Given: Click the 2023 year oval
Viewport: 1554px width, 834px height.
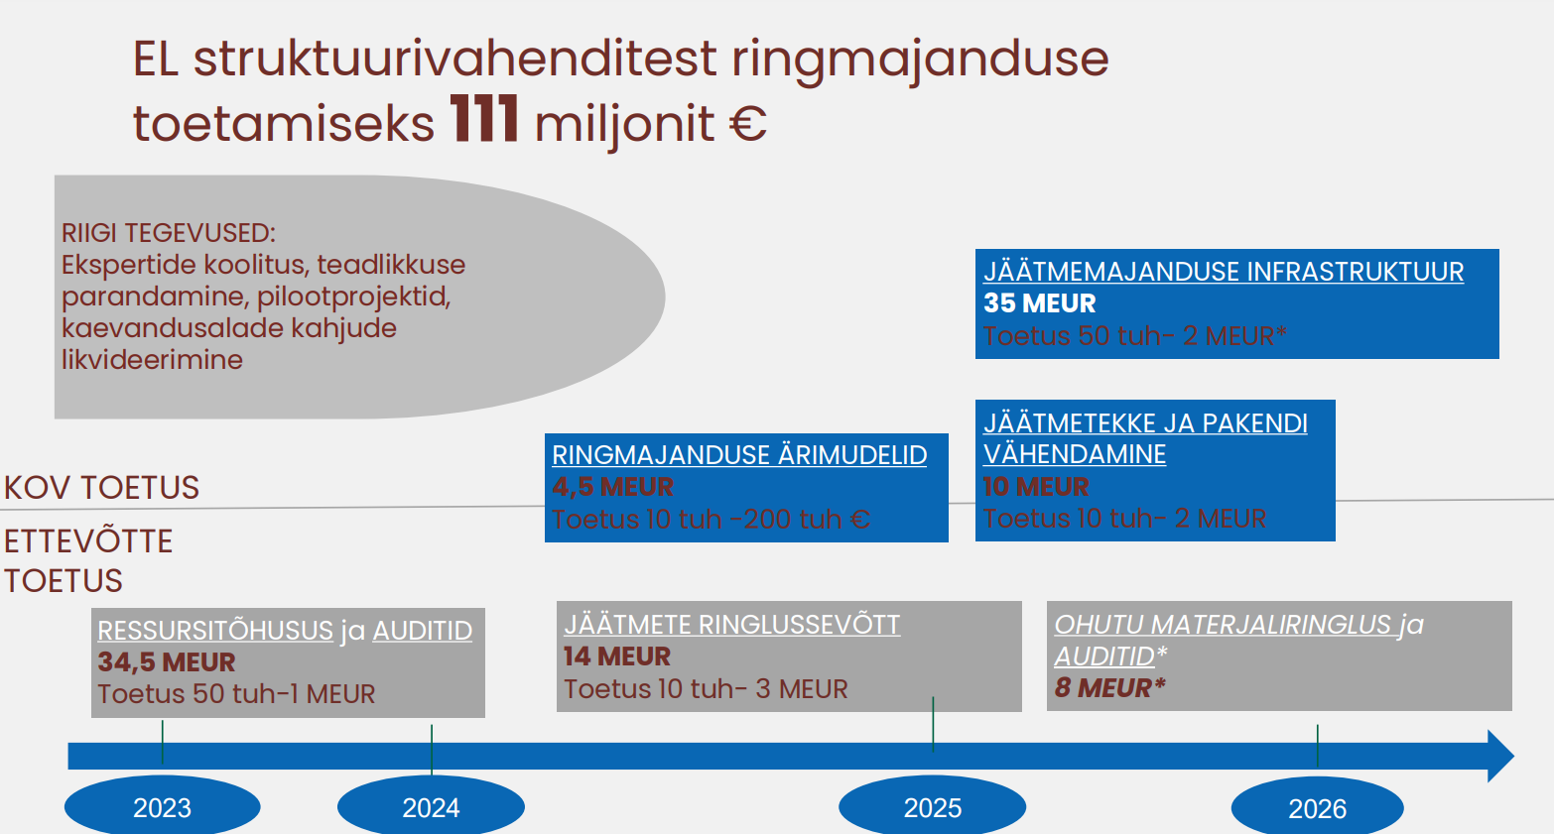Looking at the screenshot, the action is [x=163, y=805].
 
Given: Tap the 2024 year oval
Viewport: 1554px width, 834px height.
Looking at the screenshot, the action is [x=431, y=805].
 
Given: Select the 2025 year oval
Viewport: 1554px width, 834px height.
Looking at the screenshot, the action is [x=933, y=805].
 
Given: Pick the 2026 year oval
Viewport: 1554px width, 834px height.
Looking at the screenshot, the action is [x=1318, y=806].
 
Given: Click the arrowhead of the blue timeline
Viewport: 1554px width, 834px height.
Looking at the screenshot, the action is [x=1500, y=756].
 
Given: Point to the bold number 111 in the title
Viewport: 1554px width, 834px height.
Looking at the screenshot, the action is [x=484, y=119].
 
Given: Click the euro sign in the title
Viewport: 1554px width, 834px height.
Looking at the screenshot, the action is [x=748, y=124].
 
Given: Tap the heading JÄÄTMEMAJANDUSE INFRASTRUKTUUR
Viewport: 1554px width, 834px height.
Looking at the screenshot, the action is [x=1224, y=271].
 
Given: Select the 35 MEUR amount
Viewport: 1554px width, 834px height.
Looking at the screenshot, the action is [x=1039, y=303].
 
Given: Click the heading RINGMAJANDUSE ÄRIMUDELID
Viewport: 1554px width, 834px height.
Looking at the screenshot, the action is [x=739, y=455].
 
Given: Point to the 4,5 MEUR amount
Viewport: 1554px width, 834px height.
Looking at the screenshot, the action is [x=612, y=487].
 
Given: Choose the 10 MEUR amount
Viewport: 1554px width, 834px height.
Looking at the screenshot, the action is [x=1036, y=487].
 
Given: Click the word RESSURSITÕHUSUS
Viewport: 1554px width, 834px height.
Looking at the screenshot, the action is [x=215, y=630].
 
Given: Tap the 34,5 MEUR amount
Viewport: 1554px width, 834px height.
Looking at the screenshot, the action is [x=167, y=662].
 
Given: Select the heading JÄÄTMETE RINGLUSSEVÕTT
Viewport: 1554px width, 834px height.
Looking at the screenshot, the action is [x=732, y=625].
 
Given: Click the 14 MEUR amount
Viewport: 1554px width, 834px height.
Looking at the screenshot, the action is [x=617, y=656].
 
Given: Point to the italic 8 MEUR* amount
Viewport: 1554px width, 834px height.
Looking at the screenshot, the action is [x=1110, y=687].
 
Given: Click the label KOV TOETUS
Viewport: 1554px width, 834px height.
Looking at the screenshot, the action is [x=101, y=487].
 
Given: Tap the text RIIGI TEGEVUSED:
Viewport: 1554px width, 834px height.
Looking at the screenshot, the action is [x=168, y=233].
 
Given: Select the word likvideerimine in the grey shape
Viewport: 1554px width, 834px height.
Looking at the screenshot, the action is [x=152, y=360].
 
